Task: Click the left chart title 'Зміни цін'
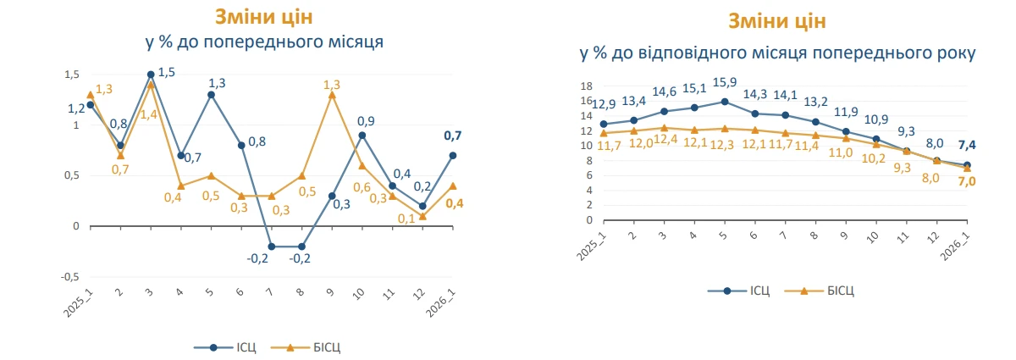[263, 16]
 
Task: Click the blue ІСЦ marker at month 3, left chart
[151, 75]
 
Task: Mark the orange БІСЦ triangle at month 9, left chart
[332, 95]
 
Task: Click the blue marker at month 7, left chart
[272, 246]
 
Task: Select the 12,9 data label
[604, 104]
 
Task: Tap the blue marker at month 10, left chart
[362, 136]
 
